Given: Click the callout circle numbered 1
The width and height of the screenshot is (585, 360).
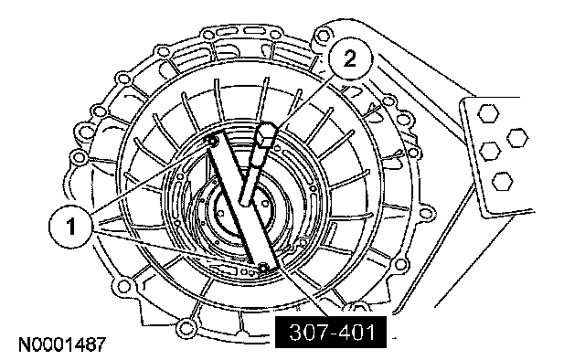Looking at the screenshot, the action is click(x=70, y=227).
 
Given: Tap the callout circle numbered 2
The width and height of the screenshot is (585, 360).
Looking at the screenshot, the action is click(x=350, y=58).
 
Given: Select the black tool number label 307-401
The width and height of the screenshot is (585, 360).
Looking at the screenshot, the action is click(x=331, y=332).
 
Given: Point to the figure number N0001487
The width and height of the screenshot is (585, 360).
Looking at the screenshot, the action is click(x=63, y=344).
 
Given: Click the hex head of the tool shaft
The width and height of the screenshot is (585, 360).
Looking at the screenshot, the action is click(x=266, y=133).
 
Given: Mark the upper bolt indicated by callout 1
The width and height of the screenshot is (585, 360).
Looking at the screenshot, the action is click(x=212, y=141).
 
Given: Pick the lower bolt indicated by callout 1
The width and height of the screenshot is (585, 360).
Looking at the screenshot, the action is click(x=262, y=267).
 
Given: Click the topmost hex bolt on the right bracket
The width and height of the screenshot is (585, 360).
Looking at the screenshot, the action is click(x=488, y=113).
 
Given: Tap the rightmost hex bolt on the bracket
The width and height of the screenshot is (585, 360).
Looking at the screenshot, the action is click(x=517, y=138).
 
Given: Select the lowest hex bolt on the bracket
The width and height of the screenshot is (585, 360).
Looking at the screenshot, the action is click(x=502, y=182).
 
